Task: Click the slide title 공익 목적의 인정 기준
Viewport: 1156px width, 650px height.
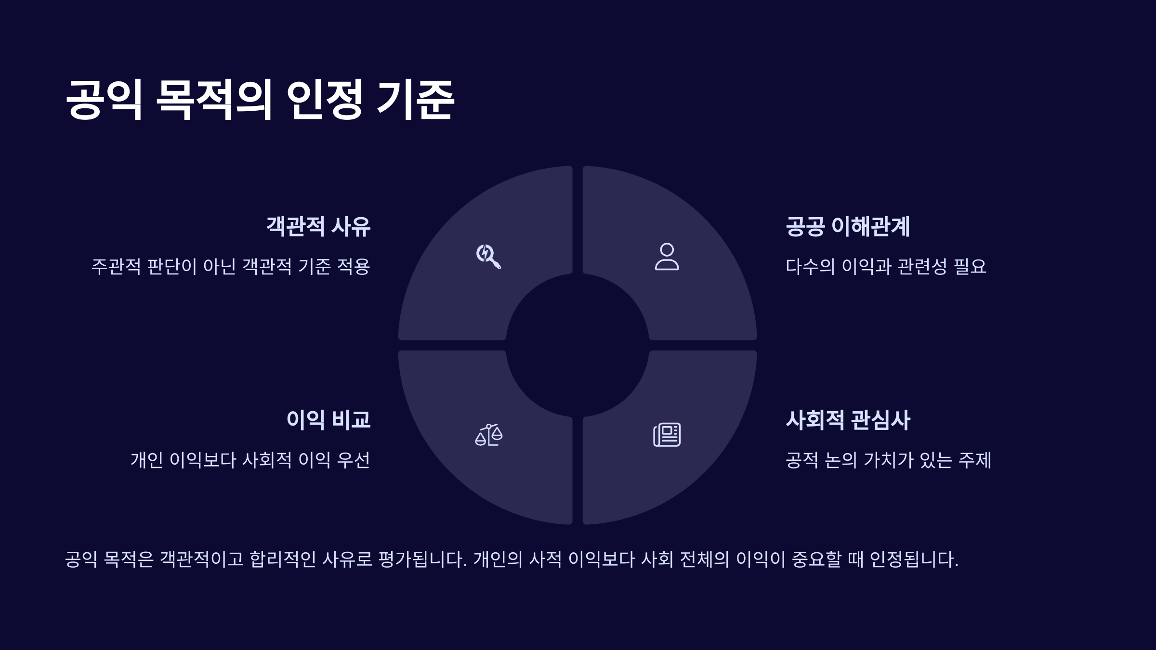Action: [x=260, y=100]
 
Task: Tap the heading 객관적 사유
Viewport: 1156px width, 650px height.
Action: [x=318, y=226]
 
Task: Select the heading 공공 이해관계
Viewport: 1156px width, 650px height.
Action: [x=847, y=226]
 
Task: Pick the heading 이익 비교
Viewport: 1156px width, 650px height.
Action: [x=328, y=420]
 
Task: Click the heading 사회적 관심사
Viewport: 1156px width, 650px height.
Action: [x=848, y=420]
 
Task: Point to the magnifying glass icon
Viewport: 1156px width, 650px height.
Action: [x=488, y=256]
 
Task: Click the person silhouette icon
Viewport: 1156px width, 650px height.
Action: [x=667, y=256]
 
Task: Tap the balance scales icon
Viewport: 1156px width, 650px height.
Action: [x=488, y=435]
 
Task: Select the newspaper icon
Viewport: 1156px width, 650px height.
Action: [x=667, y=435]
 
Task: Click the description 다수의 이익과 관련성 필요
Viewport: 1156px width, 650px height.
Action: [x=886, y=266]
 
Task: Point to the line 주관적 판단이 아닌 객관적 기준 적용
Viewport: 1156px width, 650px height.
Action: [x=231, y=266]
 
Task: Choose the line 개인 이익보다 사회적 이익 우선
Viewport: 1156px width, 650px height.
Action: [x=250, y=460]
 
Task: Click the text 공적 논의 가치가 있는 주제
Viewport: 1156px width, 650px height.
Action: [x=888, y=460]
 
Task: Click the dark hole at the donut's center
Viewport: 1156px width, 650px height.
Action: [x=578, y=345]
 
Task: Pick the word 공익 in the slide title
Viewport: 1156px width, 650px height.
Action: [x=104, y=100]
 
